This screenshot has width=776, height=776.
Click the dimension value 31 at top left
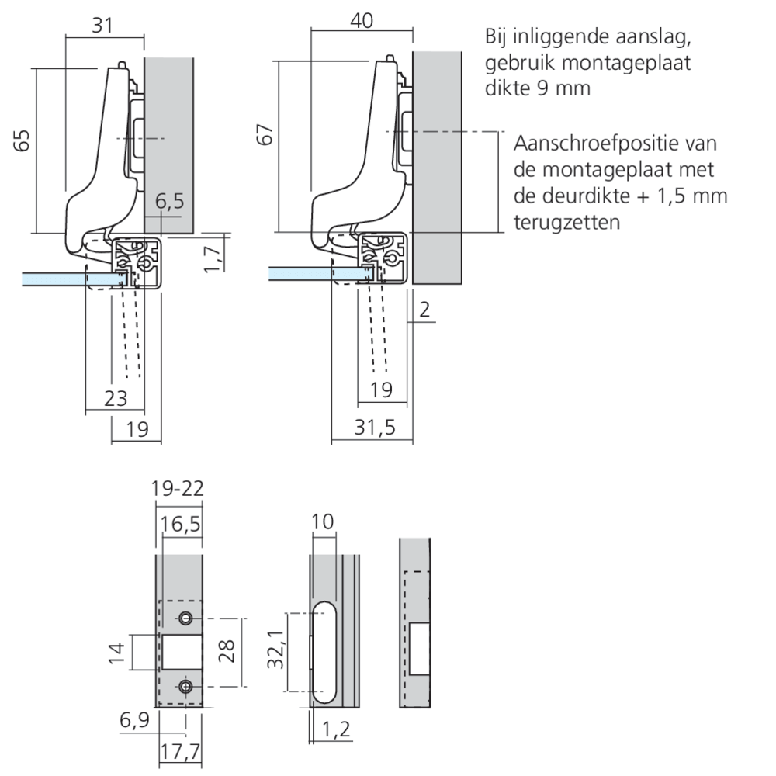(103, 26)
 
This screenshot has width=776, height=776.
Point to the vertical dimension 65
(23, 140)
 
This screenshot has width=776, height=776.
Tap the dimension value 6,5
(169, 203)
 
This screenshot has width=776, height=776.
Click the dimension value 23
(114, 398)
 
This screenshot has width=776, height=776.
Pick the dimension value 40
(361, 21)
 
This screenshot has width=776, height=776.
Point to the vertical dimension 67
(265, 134)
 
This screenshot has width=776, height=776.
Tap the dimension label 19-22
(178, 489)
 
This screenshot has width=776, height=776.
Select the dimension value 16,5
(180, 525)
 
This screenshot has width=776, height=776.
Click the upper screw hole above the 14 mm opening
(185, 618)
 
